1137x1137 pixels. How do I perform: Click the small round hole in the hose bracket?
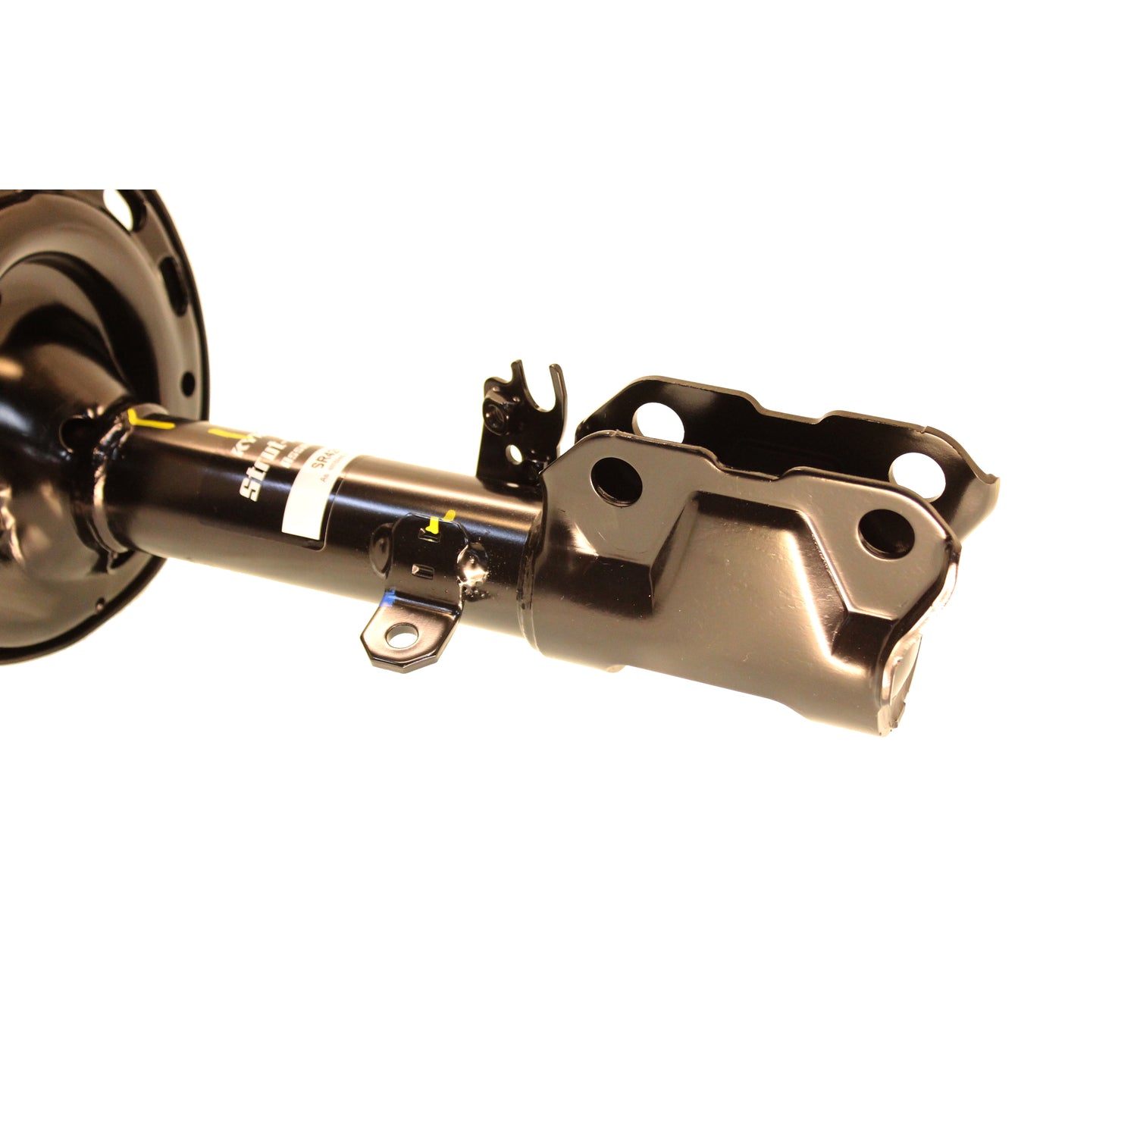(515, 453)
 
